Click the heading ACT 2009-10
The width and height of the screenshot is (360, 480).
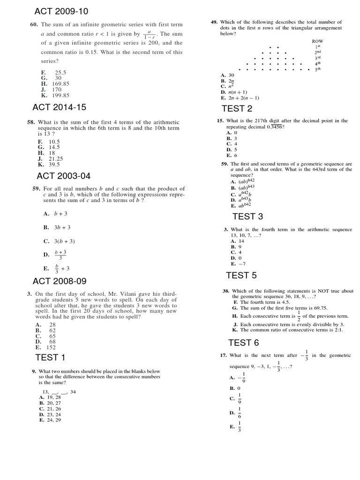coord(61,11)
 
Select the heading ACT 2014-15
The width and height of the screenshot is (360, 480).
coord(59,107)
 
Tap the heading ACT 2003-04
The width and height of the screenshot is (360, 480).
coord(63,176)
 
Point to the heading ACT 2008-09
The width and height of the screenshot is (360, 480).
coord(60,281)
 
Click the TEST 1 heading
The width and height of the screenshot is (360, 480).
coord(50,358)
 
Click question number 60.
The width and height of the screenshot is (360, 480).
coord(33,24)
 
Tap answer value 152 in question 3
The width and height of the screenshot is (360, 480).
coord(50,347)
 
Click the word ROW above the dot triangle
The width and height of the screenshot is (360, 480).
coord(317,41)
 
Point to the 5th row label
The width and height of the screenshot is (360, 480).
coord(317,69)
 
